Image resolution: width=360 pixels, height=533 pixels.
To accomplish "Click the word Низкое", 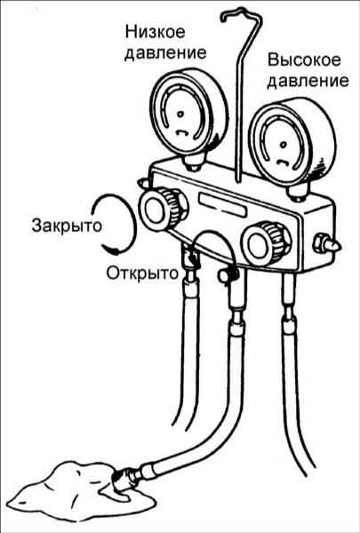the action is [156, 32].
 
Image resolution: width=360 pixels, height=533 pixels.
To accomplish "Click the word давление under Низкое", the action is [165, 53].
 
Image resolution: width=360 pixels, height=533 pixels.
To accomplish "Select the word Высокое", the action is [304, 60].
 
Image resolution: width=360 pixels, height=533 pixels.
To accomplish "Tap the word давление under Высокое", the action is [308, 82].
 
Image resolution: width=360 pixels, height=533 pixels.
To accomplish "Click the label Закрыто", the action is [67, 226].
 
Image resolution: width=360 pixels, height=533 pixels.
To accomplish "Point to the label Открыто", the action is [142, 273].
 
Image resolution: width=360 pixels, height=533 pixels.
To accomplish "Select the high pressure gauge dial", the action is [292, 143].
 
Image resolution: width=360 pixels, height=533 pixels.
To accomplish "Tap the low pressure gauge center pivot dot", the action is [180, 115].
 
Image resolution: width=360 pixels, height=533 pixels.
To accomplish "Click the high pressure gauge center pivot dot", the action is [283, 145].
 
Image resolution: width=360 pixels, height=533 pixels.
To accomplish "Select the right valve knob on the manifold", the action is [266, 243].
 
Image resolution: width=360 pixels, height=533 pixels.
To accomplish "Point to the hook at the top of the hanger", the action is [241, 15].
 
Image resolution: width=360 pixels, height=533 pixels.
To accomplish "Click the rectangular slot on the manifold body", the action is [223, 205].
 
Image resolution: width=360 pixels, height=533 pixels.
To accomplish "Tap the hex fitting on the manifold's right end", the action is [325, 243].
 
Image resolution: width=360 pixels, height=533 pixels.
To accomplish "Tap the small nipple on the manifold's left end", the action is [144, 182].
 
